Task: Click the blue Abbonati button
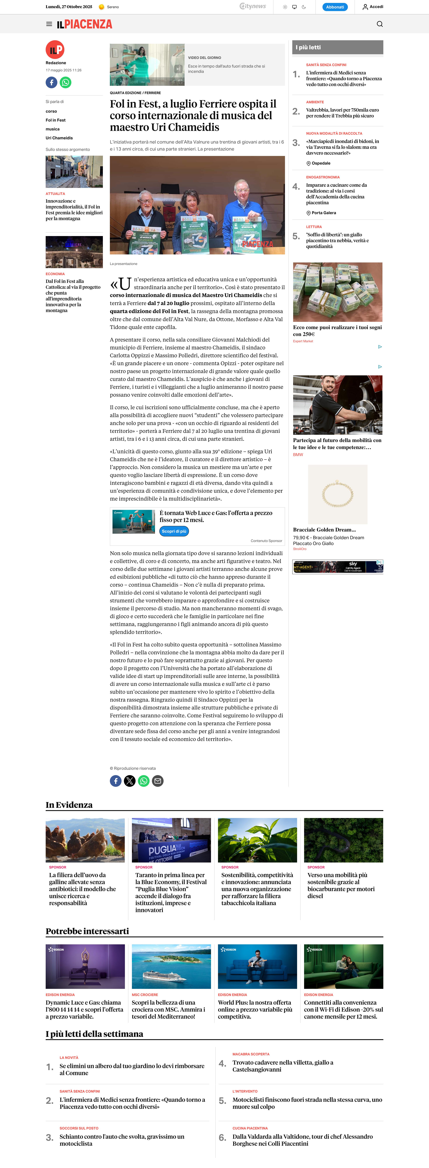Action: click(335, 7)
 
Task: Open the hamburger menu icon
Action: click(49, 24)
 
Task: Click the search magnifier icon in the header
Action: click(380, 24)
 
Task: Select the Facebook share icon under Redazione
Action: click(51, 83)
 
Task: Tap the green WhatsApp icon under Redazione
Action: click(66, 83)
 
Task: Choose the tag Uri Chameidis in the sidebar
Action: click(59, 138)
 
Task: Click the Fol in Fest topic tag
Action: click(55, 120)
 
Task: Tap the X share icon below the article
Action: click(130, 781)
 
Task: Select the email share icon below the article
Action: click(158, 781)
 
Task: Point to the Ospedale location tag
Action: click(321, 163)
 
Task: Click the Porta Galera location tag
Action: click(323, 213)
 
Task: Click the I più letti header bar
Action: click(337, 47)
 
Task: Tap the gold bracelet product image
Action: click(337, 494)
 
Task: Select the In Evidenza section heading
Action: click(69, 805)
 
